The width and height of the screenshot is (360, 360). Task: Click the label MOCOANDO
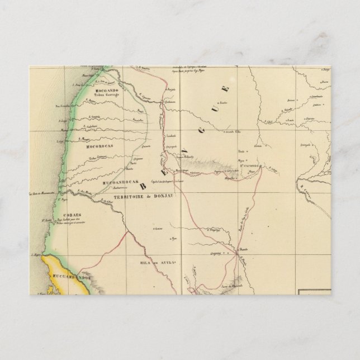point(106,90)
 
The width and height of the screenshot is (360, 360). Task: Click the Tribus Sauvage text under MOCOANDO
point(107,96)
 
